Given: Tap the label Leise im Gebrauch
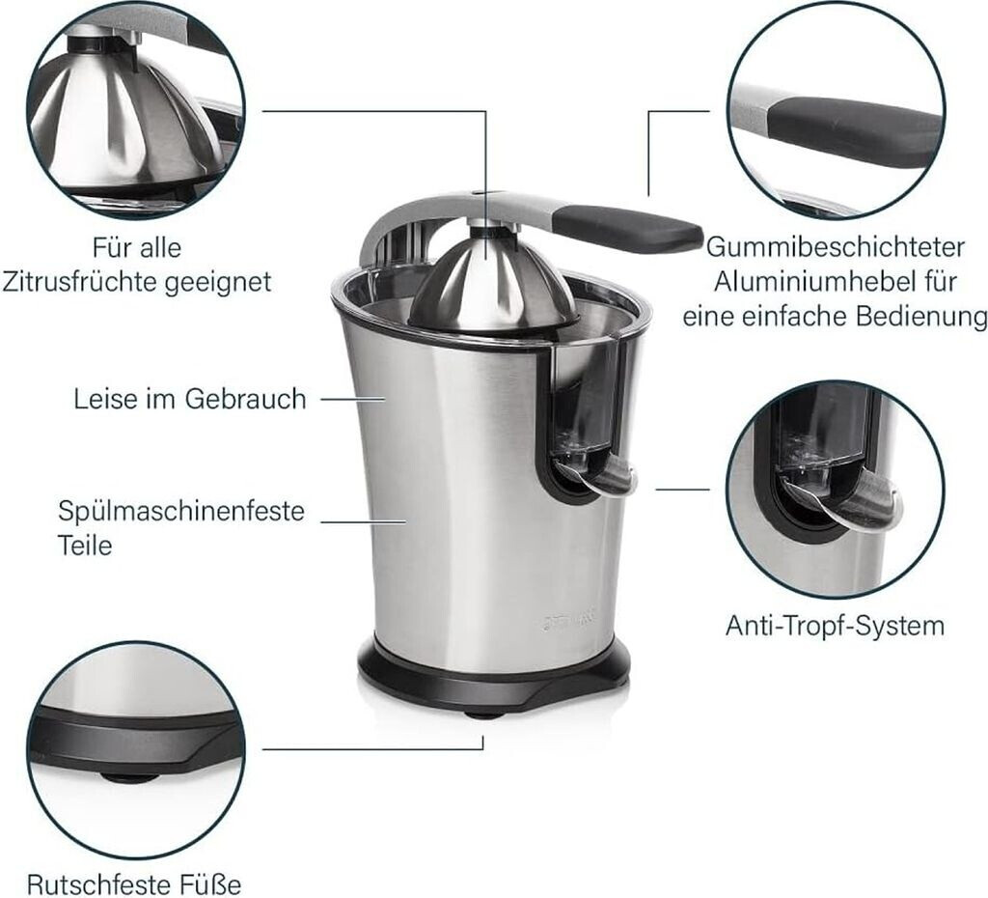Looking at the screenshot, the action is click(190, 399).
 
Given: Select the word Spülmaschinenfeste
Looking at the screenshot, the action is click(181, 510).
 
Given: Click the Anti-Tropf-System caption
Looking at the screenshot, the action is click(835, 627).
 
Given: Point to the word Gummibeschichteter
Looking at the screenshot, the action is click(835, 247).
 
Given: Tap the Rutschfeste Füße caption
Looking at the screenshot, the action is click(134, 884).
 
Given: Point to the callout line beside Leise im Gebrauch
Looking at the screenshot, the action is click(353, 399).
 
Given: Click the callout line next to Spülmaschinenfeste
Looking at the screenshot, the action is click(363, 521).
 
